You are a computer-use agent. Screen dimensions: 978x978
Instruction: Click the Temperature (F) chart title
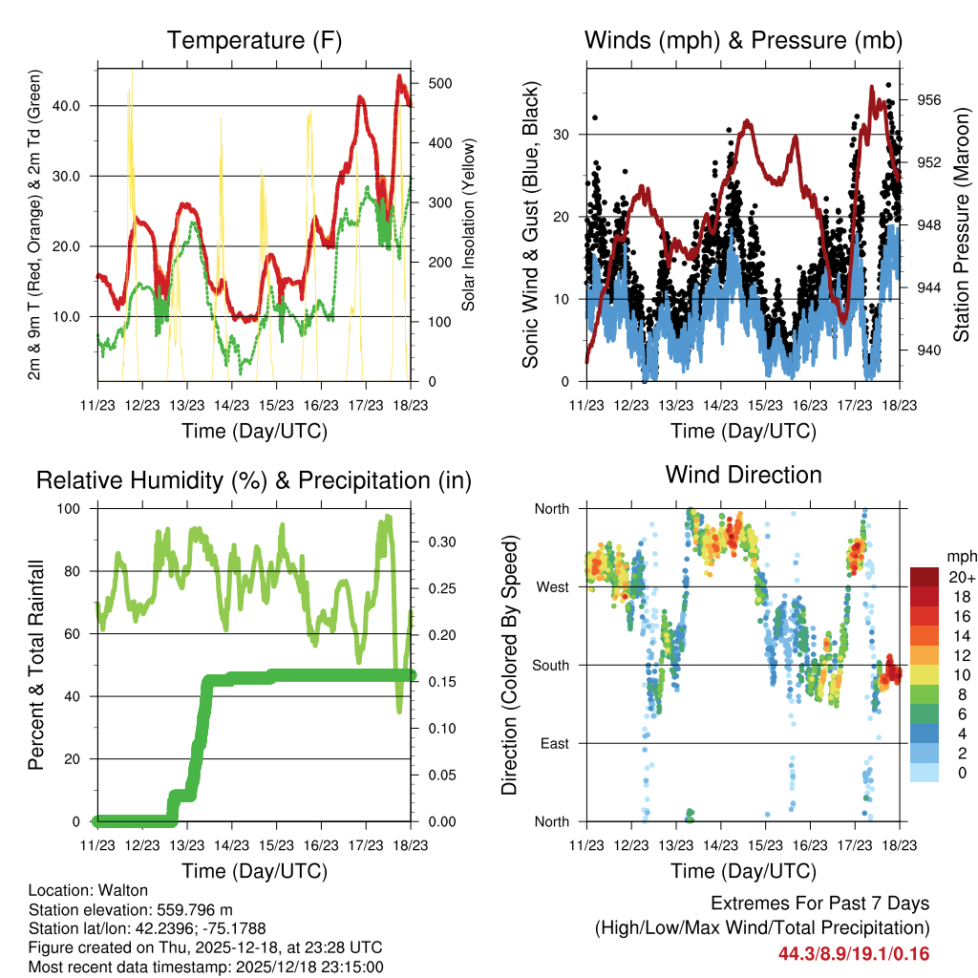click(x=253, y=41)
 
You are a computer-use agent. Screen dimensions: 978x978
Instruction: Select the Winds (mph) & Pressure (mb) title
click(x=743, y=41)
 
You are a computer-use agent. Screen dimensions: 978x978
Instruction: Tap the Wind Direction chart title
click(x=743, y=475)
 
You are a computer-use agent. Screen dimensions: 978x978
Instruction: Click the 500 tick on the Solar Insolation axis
click(x=430, y=83)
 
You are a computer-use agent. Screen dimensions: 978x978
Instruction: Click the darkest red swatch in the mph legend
click(x=924, y=577)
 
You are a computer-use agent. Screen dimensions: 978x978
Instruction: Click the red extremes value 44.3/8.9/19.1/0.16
click(x=853, y=953)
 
